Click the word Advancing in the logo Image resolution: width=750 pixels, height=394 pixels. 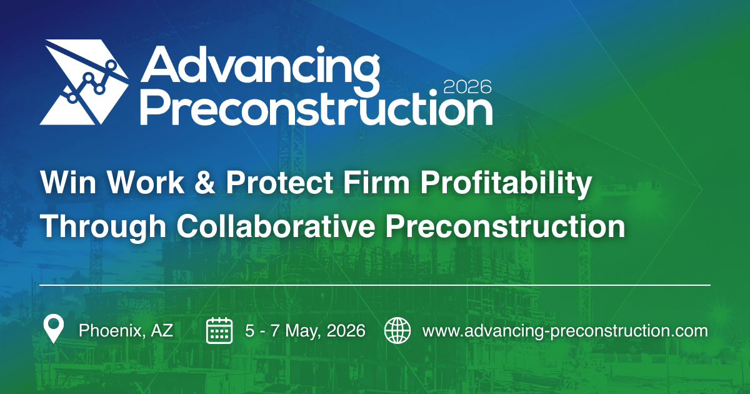259,68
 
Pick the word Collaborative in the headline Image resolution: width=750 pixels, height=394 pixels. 276,226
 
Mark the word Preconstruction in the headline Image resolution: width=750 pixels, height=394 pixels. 505,226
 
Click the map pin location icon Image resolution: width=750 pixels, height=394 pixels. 54,330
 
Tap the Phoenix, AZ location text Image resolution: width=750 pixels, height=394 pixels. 126,330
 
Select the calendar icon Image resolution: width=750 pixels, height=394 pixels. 219,330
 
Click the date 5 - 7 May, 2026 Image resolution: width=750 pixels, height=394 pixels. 305,330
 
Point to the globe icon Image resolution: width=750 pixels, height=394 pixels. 397,330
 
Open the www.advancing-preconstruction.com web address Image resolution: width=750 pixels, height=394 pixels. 565,330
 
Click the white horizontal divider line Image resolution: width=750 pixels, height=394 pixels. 375,285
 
